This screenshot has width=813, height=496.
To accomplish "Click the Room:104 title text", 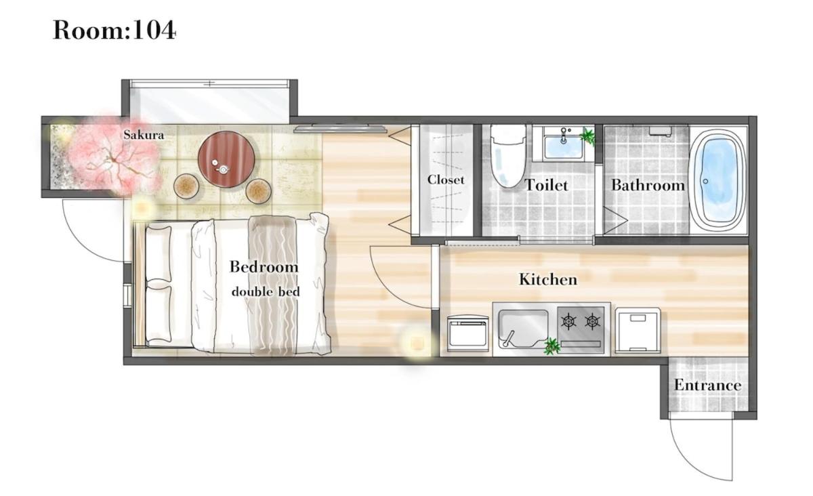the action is [x=114, y=30].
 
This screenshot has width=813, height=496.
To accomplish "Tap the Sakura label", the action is [x=144, y=135].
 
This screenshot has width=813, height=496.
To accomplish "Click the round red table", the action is [x=226, y=159].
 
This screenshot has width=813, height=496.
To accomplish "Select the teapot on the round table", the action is [x=222, y=169].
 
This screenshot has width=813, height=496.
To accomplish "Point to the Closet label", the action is [x=446, y=180].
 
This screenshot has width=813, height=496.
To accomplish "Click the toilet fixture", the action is [x=508, y=156].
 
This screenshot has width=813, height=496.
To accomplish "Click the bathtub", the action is [x=717, y=180].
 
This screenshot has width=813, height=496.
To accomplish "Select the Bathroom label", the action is [x=648, y=185].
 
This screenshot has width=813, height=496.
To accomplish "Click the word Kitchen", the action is [x=548, y=280].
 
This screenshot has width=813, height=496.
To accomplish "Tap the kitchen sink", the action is [x=523, y=329].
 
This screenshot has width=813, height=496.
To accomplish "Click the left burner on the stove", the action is [x=569, y=321].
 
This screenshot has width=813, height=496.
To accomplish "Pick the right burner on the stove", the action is [x=592, y=321].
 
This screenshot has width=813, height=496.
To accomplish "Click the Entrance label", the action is [x=707, y=386].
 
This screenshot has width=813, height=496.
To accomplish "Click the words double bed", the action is [x=266, y=291].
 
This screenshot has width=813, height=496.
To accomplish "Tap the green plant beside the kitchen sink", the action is [x=552, y=346].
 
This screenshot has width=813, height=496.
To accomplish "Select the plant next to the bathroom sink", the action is [x=587, y=137].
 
